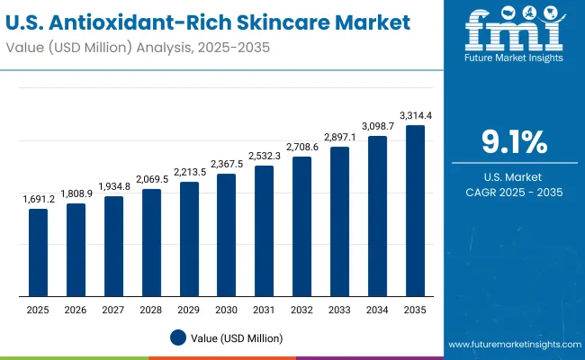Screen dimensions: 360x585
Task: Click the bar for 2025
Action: [38, 252]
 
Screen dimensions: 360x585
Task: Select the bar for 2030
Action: [227, 235]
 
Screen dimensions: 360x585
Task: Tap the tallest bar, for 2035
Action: [415, 211]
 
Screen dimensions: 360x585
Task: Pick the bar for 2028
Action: [151, 242]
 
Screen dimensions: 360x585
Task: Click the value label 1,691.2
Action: [38, 199]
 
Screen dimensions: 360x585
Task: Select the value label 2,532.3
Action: [265, 156]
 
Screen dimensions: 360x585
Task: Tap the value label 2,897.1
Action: [340, 137]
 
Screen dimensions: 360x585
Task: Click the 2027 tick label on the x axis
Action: [113, 310]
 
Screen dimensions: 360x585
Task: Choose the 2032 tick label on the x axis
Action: [302, 310]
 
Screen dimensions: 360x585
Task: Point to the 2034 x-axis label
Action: [377, 310]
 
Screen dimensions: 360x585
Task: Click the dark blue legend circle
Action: [178, 337]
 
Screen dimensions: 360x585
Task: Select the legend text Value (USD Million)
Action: [237, 338]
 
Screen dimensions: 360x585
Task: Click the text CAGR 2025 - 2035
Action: [514, 193]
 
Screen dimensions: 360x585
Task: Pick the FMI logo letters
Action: [514, 31]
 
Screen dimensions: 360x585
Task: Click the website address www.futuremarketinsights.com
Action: [511, 345]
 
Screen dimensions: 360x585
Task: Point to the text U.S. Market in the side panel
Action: [514, 176]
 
